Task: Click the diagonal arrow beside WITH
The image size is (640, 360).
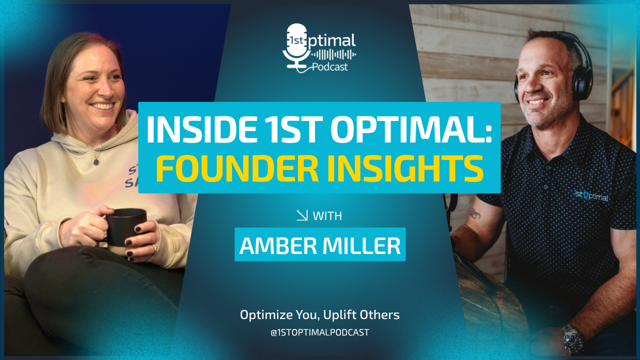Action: (302, 215)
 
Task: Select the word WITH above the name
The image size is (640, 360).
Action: (327, 216)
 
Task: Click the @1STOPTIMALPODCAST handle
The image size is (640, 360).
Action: (320, 332)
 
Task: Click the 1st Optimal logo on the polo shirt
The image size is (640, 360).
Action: (591, 196)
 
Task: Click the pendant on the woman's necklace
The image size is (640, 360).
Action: (96, 162)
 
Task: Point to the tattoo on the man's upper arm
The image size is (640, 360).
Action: (475, 214)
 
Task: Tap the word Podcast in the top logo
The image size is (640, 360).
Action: (329, 67)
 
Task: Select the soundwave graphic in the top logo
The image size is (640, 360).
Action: (333, 54)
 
